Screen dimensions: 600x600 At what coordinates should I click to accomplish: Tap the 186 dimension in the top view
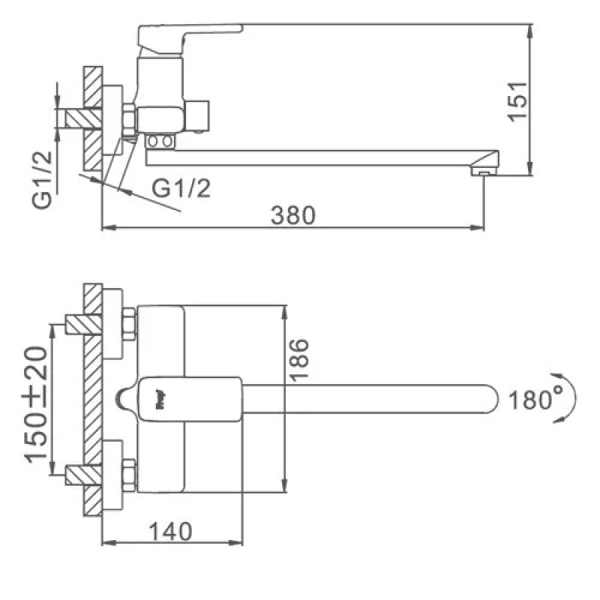(298, 361)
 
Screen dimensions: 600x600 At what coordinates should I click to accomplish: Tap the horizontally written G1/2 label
(181, 189)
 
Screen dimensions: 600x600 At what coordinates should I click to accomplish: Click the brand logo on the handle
(160, 391)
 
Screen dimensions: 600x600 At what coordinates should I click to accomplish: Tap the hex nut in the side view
(129, 118)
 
